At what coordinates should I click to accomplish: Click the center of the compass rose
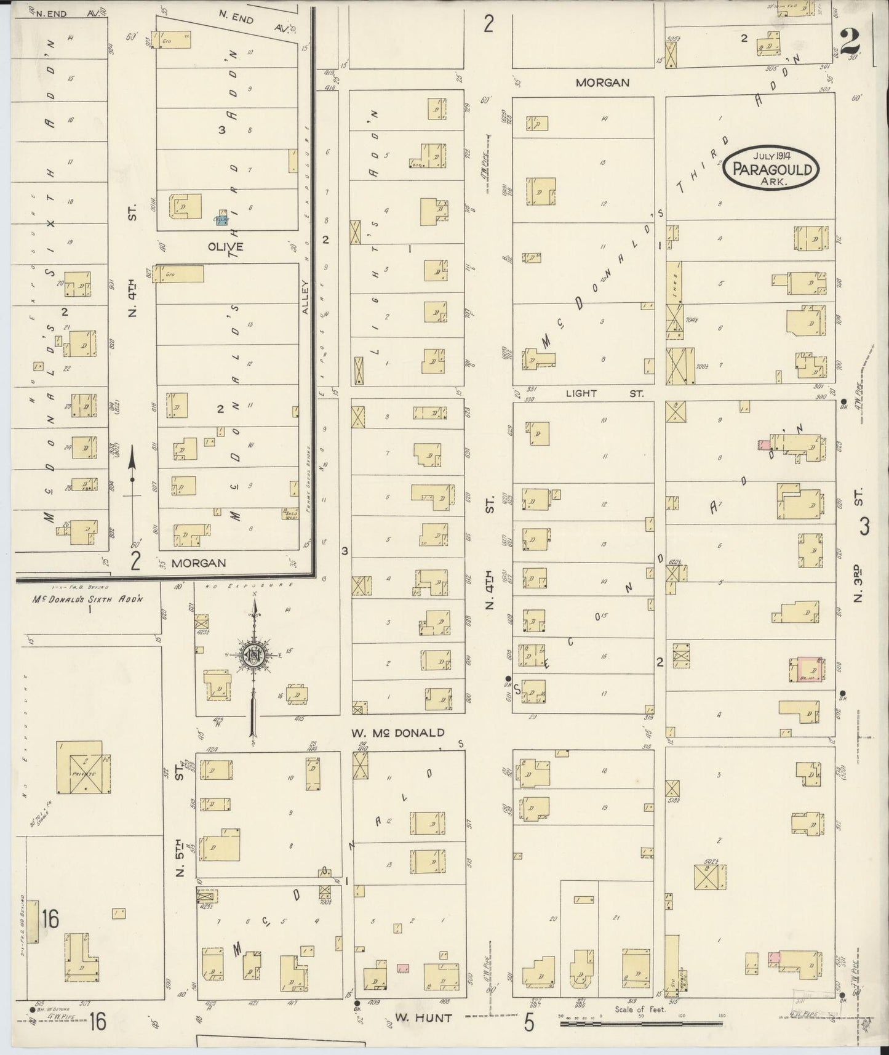pyautogui.click(x=253, y=655)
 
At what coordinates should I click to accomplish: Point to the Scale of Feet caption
pyautogui.click(x=640, y=1009)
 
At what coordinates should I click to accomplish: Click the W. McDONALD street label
pyautogui.click(x=398, y=733)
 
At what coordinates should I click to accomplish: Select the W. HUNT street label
pyautogui.click(x=423, y=1017)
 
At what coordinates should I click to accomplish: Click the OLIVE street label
pyautogui.click(x=225, y=246)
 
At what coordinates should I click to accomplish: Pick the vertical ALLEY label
pyautogui.click(x=305, y=298)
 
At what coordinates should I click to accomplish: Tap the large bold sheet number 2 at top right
pyautogui.click(x=850, y=42)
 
